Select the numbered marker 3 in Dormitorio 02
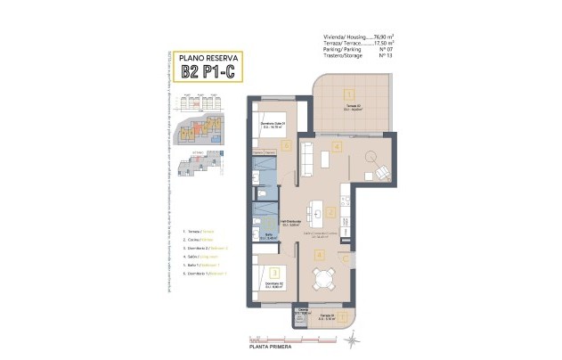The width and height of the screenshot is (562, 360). tap(274, 274)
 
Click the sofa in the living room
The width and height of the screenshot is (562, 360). tap(304, 158)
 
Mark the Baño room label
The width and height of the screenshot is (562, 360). tap(268, 237)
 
